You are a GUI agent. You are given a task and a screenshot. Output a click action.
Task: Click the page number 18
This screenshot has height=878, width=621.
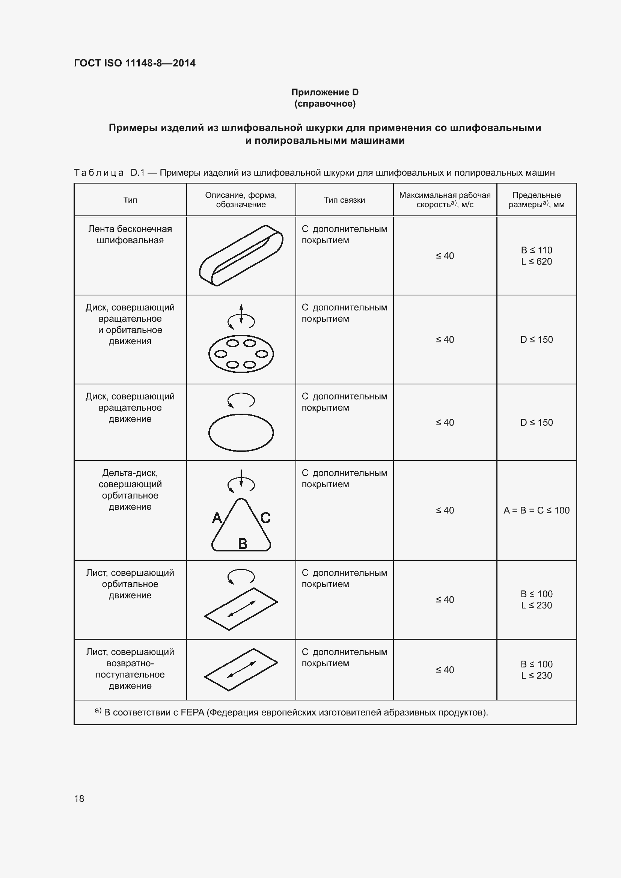tap(79, 798)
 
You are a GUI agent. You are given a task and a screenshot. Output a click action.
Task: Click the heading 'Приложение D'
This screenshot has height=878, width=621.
tap(325, 92)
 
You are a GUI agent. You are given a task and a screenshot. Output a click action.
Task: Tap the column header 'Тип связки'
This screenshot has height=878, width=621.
tap(344, 200)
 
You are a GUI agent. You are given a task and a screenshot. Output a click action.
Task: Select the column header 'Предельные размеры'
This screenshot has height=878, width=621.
tap(536, 200)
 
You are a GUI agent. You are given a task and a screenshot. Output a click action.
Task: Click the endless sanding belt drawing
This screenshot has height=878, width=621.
tap(241, 256)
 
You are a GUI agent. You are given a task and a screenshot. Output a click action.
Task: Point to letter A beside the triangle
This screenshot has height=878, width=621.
tap(217, 518)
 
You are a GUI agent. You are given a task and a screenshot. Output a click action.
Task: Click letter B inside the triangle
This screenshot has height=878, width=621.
tap(243, 544)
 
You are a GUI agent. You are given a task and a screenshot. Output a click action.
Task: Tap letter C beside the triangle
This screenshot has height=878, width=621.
tap(265, 518)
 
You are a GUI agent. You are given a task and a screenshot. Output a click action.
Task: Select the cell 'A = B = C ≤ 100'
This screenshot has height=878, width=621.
tap(536, 510)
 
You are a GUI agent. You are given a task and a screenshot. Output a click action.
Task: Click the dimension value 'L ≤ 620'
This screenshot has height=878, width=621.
tap(536, 262)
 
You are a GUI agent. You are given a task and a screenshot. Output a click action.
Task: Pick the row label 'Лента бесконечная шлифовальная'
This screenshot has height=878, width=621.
tap(130, 234)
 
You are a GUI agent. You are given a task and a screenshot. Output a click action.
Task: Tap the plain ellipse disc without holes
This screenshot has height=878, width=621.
tap(241, 433)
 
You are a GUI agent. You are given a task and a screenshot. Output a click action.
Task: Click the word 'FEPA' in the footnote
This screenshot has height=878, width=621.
tap(192, 712)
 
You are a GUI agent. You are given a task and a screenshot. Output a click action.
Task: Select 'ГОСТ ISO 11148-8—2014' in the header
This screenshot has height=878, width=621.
tap(135, 63)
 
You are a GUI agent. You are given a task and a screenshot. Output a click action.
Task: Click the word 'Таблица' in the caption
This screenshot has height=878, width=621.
tap(99, 173)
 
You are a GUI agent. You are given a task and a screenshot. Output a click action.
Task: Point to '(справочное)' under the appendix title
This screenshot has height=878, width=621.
tap(325, 104)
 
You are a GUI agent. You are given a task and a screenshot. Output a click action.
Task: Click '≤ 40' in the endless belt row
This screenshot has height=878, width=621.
tap(445, 256)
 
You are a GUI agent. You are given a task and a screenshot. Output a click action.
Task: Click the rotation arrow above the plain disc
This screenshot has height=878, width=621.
tap(241, 400)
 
